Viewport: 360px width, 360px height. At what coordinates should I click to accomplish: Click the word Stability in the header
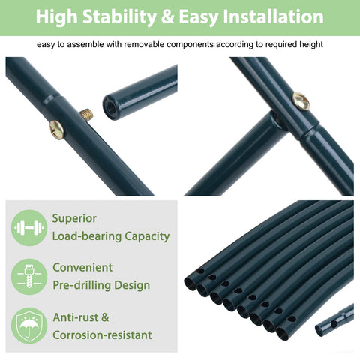click(x=120, y=16)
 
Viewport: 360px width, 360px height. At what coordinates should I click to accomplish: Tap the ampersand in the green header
click(x=168, y=17)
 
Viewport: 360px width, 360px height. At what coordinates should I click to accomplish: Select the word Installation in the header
click(x=273, y=16)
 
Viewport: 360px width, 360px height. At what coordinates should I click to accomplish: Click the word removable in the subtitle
click(x=144, y=44)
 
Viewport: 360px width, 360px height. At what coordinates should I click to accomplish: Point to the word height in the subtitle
click(x=311, y=45)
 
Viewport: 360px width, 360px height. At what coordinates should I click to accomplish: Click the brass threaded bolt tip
click(x=87, y=114)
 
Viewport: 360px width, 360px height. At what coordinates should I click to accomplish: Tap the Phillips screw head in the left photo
click(x=57, y=129)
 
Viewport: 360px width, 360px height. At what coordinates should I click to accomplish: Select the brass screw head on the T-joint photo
click(x=301, y=101)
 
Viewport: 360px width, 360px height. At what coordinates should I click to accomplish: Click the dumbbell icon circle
click(x=29, y=228)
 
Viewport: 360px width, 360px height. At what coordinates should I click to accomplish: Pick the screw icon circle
click(x=29, y=277)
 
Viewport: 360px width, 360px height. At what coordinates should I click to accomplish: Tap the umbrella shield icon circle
click(x=29, y=325)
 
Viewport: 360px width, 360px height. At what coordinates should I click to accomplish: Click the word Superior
click(x=74, y=219)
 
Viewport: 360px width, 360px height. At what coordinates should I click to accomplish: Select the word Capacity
click(x=147, y=236)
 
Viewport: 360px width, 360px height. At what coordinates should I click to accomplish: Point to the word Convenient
click(x=82, y=268)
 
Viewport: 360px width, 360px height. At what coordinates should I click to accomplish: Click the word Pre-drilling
click(x=82, y=285)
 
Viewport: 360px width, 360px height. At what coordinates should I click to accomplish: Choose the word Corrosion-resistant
click(x=102, y=335)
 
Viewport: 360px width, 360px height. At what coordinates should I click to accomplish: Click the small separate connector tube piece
click(x=334, y=319)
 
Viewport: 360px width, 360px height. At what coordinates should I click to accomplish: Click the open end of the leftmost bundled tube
click(x=190, y=284)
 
